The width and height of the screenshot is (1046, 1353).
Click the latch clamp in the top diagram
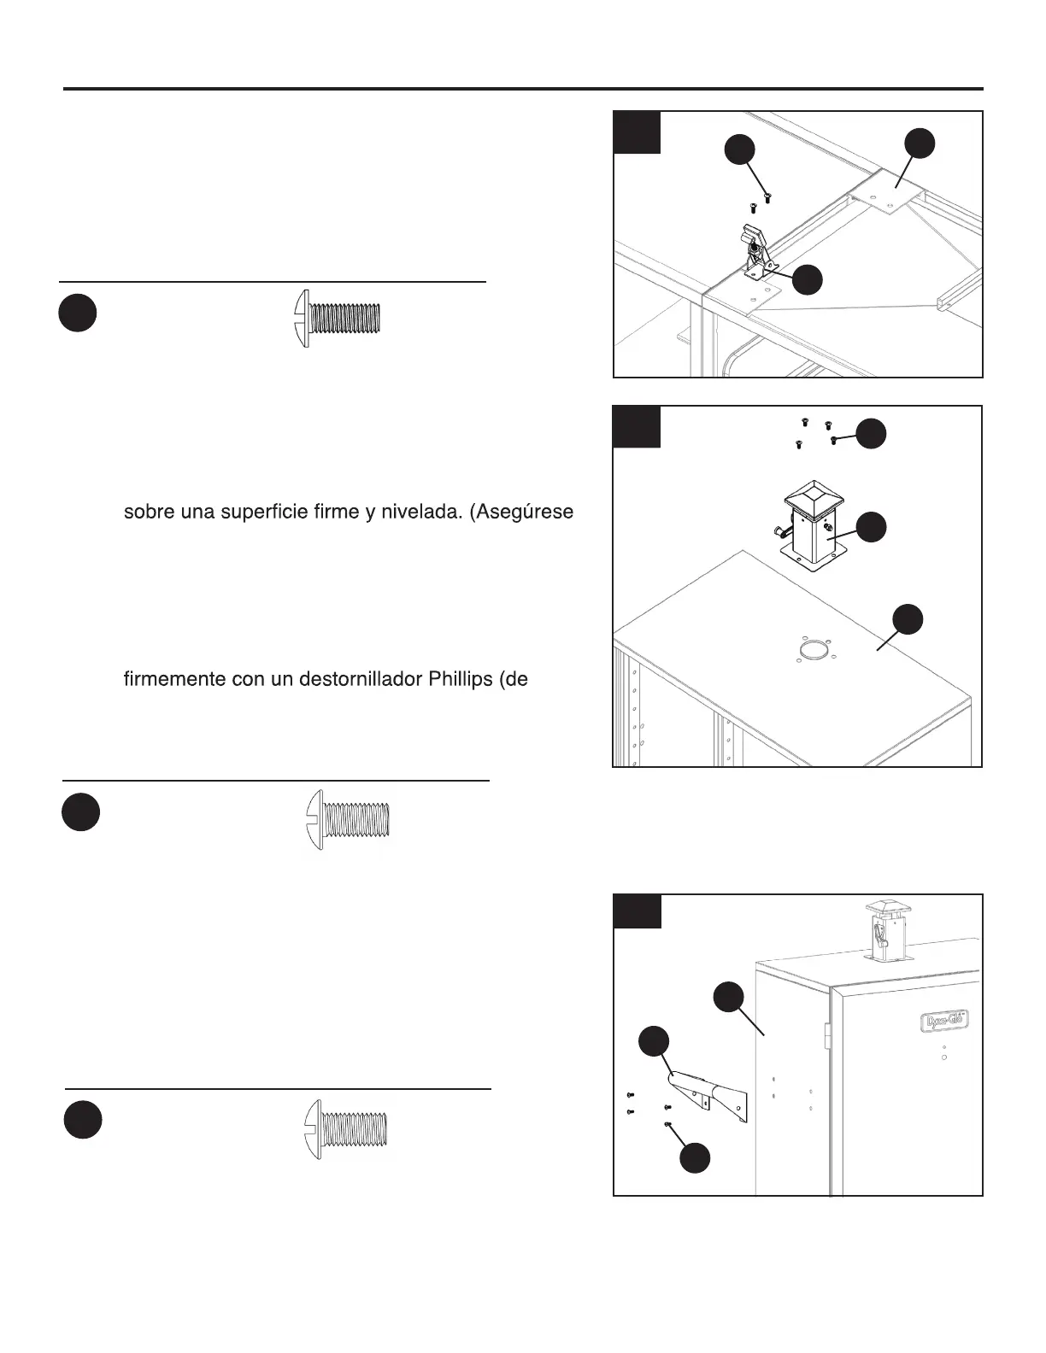[x=755, y=251]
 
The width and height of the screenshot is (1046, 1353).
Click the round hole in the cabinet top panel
[x=813, y=651]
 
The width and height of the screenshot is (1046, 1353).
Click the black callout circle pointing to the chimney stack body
[x=871, y=527]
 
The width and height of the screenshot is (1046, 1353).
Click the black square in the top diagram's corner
[x=638, y=132]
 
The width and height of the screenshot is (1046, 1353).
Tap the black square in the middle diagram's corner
[x=638, y=427]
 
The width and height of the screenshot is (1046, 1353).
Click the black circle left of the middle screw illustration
[x=80, y=812]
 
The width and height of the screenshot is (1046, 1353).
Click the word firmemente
[x=173, y=680]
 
